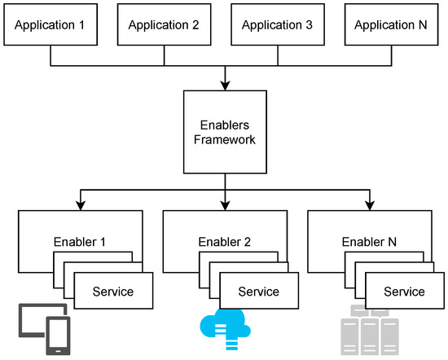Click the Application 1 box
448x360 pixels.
coord(51,24)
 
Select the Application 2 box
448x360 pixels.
coord(165,24)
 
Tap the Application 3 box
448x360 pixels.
coord(278,24)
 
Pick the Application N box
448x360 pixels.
coord(391,24)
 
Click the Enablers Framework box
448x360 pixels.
coord(223,131)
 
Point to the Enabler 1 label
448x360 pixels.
coord(80,242)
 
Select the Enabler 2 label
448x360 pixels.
coord(223,242)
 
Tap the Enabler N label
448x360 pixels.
coord(369,242)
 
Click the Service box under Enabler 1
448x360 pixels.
coord(113,291)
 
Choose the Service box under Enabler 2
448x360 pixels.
coord(258,291)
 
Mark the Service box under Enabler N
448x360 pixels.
coord(404,291)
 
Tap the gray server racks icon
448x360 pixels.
coord(368,330)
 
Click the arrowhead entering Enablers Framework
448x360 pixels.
coord(223,84)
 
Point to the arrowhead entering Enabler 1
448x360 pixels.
coord(80,204)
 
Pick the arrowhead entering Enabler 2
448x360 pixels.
coord(223,204)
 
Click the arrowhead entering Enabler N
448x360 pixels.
coord(369,204)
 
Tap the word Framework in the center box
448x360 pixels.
coord(223,139)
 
